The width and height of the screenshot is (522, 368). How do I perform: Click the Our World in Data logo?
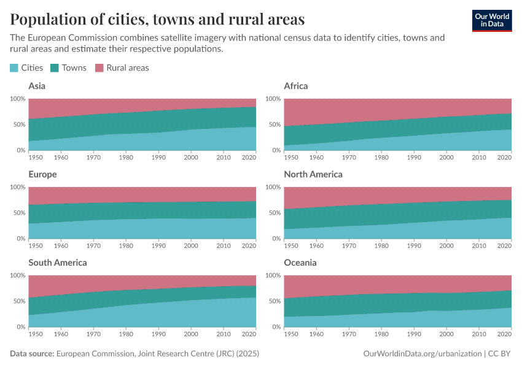pos(491,20)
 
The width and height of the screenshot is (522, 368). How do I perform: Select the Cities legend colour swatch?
pos(15,68)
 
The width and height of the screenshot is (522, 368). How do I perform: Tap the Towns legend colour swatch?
pos(54,68)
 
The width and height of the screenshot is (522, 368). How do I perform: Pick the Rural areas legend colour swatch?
pos(99,68)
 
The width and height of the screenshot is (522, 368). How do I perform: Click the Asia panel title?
pos(37,86)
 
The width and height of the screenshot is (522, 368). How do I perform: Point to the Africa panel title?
pos(296,86)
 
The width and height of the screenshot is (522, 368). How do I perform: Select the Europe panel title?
pos(42,174)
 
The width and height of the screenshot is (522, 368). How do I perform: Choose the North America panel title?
pos(313,174)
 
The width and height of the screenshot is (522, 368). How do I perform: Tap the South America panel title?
pos(58,263)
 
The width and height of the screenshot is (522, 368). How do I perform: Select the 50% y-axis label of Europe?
pos(19,213)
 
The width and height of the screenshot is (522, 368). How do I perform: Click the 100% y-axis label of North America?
pos(273,187)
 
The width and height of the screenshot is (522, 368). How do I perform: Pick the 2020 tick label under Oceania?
pos(504,334)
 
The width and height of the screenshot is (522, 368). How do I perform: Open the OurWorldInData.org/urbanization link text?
pos(421,354)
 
